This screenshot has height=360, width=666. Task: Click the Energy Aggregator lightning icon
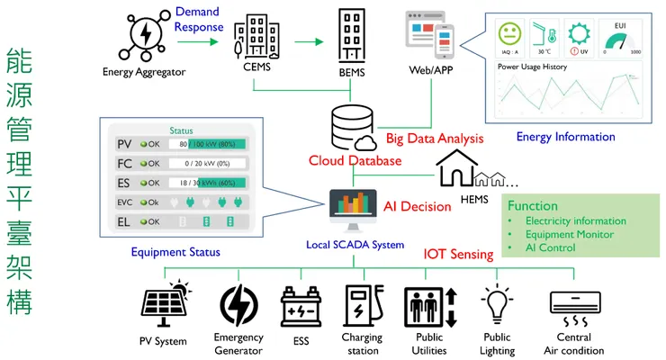144,34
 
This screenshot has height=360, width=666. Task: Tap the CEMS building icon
256,34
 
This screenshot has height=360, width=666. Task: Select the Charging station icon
362,307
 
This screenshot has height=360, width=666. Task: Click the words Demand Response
198,19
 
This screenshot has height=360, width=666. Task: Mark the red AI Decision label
417,206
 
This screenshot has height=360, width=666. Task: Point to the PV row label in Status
124,144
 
